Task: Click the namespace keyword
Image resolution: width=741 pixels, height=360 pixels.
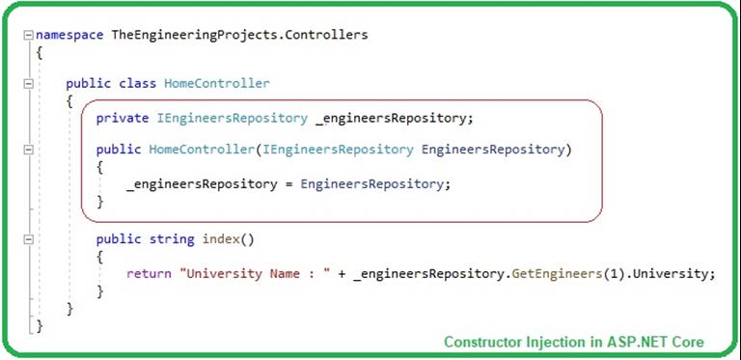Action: [x=69, y=35]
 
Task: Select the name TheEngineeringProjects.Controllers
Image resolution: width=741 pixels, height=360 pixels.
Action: [x=240, y=35]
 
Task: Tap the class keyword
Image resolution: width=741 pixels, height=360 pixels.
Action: [x=139, y=84]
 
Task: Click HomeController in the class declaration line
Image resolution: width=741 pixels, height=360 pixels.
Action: [x=217, y=84]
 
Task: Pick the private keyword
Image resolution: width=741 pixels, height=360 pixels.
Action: [x=123, y=118]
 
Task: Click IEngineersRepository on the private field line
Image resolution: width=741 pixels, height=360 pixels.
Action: [x=232, y=118]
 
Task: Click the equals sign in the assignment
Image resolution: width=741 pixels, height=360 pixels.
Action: [x=288, y=184]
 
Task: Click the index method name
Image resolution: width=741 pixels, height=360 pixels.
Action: [x=221, y=238]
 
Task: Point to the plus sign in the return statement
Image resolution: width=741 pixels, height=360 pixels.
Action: [x=343, y=273]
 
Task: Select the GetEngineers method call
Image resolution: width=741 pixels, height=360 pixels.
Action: [x=549, y=273]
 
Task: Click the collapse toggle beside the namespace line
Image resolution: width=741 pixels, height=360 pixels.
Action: [x=27, y=35]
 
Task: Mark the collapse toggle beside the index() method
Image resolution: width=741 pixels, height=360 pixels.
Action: [x=27, y=238]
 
